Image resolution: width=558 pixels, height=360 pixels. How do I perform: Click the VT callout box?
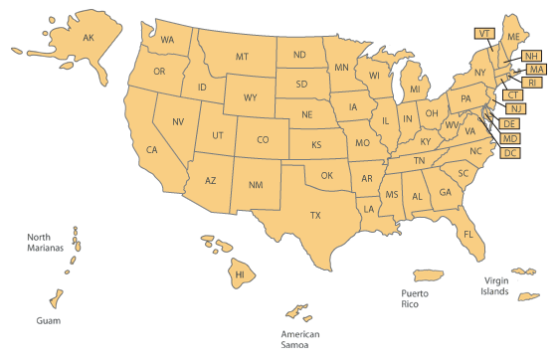coord(484,33)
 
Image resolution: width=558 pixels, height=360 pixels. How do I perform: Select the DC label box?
coord(510,153)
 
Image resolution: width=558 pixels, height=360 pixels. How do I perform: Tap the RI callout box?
coord(534,83)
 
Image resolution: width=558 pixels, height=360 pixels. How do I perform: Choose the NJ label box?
coord(515,108)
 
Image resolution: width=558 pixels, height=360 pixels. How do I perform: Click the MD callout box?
coord(510,138)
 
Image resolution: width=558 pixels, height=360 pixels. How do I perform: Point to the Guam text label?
coord(49,322)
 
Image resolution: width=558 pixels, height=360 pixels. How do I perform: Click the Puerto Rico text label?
coord(416,299)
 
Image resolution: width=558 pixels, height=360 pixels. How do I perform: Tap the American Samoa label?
coord(299,340)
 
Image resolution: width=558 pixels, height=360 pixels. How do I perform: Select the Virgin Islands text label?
coord(494,285)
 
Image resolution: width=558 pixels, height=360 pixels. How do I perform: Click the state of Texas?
coord(315,216)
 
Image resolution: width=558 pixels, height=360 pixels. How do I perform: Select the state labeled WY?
coord(251,97)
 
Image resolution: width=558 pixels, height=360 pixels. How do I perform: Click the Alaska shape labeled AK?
coord(88,39)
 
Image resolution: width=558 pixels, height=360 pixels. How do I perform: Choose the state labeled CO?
coord(263,140)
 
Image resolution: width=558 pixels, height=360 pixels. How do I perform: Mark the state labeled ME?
coord(513,37)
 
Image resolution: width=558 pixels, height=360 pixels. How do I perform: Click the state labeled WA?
coord(168,40)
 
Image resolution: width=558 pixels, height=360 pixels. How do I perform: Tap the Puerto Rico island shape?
coord(426,275)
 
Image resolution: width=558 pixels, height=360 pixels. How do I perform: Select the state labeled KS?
coord(316,145)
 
